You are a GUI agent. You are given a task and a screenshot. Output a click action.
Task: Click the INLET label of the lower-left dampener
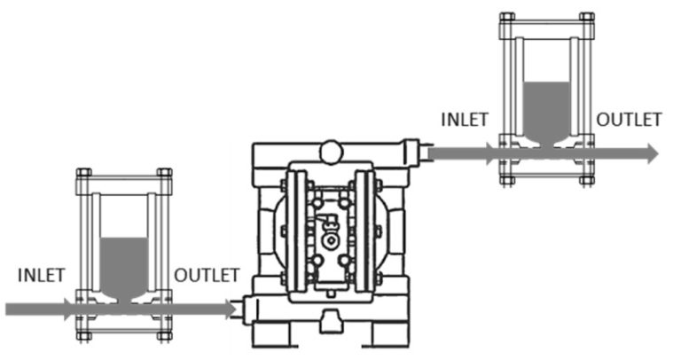(41, 275)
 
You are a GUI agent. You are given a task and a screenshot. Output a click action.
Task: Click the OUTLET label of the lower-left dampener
(206, 275)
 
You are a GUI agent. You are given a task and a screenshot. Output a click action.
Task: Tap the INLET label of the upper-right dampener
(464, 120)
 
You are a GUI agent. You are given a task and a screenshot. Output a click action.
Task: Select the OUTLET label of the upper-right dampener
(629, 120)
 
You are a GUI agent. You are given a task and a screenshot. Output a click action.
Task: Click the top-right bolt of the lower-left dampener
(164, 173)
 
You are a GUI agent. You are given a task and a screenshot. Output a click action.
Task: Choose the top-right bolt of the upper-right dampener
(586, 17)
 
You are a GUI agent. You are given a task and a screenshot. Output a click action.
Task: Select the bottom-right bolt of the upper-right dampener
(586, 179)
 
